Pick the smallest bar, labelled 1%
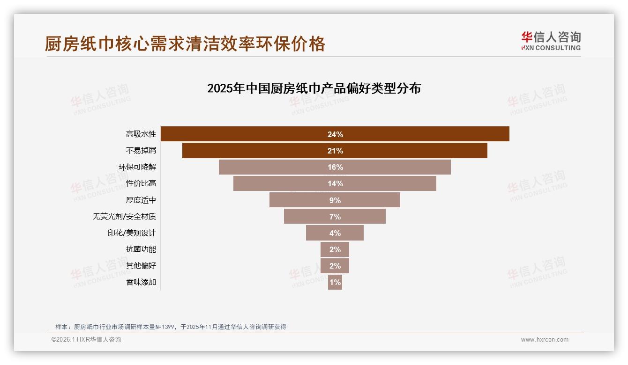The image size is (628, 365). pyautogui.click(x=335, y=282)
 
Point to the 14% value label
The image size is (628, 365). pyautogui.click(x=335, y=183)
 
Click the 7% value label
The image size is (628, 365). pyautogui.click(x=335, y=217)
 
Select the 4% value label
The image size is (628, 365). pyautogui.click(x=335, y=233)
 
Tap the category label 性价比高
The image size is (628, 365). pyautogui.click(x=141, y=183)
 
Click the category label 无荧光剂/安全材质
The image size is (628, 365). pyautogui.click(x=124, y=217)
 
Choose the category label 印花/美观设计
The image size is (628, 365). pyautogui.click(x=132, y=233)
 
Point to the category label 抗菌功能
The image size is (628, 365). pyautogui.click(x=141, y=249)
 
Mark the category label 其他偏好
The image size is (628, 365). pyautogui.click(x=141, y=266)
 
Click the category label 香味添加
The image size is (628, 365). pyautogui.click(x=141, y=282)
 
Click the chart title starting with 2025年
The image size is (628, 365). pyautogui.click(x=314, y=88)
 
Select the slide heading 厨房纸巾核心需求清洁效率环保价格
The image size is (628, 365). pyautogui.click(x=185, y=44)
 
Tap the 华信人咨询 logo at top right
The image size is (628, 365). pyautogui.click(x=551, y=41)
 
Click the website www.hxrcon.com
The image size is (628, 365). pyautogui.click(x=545, y=340)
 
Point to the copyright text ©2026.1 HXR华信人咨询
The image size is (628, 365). pyautogui.click(x=86, y=340)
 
